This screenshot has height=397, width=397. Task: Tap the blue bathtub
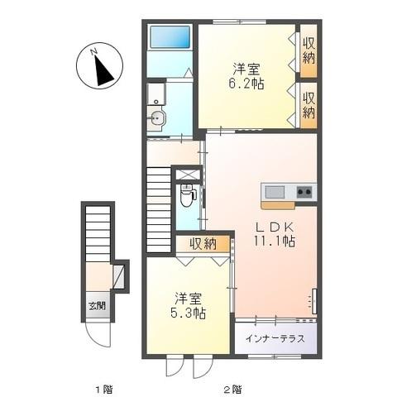170,36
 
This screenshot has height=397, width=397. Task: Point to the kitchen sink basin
275,193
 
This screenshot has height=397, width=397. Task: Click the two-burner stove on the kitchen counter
304,193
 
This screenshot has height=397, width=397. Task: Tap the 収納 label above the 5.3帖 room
201,243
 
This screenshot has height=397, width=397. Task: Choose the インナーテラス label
275,338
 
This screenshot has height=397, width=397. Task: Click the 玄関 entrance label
97,305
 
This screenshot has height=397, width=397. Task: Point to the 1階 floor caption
103,388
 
